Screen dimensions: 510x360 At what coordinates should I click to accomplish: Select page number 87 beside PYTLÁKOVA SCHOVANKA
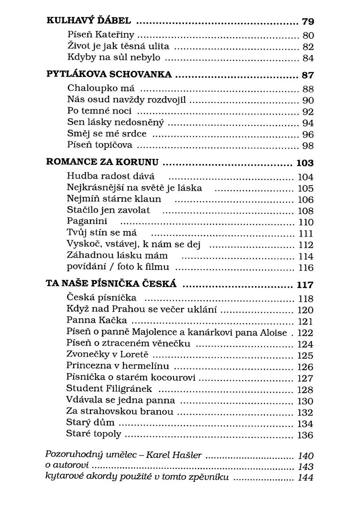point(307,75)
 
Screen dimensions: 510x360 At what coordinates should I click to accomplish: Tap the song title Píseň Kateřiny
point(101,35)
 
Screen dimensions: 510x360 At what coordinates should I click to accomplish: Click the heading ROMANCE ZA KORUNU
point(102,163)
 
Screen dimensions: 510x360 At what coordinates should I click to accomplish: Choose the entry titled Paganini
point(87,221)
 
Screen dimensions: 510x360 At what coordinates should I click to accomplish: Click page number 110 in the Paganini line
point(306,222)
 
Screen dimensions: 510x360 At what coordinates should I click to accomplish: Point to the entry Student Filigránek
point(109,388)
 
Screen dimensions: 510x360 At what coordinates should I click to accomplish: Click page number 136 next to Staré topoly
point(306,435)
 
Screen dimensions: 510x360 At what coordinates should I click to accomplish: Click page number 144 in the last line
point(306,477)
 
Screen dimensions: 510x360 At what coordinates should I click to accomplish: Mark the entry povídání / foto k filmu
point(118,267)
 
